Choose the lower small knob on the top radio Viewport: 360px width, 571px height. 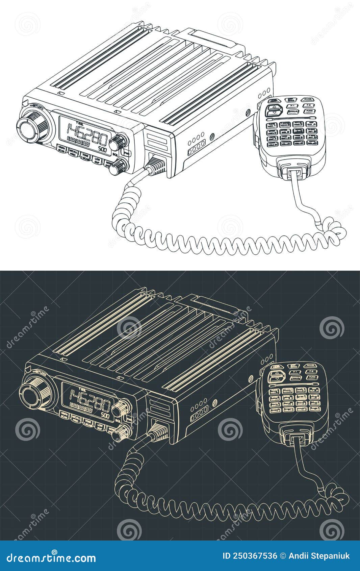(x=119, y=166)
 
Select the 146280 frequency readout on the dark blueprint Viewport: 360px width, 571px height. (x=89, y=402)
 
